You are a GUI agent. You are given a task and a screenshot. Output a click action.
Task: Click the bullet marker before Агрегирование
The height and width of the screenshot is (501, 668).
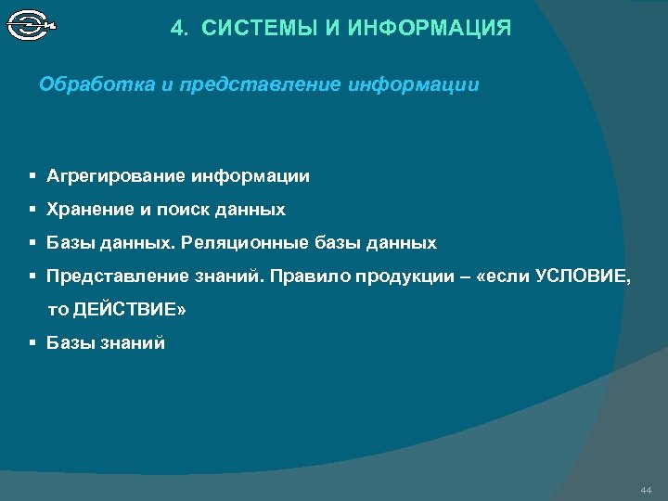32,175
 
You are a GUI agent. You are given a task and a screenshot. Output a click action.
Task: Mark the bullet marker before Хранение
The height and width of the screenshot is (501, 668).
32,210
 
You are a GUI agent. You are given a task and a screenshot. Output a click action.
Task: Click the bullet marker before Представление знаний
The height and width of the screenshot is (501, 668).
32,276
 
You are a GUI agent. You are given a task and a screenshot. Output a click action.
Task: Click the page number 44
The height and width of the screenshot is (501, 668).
646,489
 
